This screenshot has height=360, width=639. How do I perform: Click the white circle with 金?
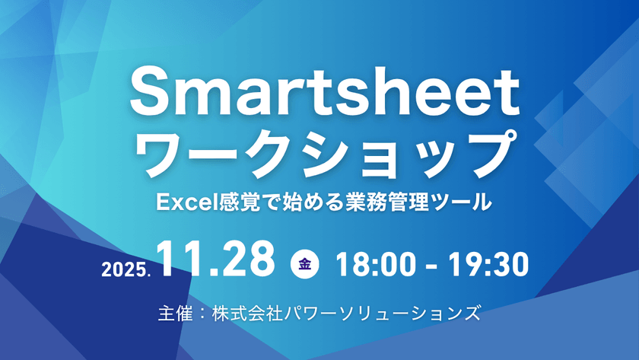click(x=305, y=264)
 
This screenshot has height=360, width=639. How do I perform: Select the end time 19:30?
click(x=490, y=263)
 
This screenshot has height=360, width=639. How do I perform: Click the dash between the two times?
click(x=434, y=265)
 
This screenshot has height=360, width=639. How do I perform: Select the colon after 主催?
click(x=201, y=313)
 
